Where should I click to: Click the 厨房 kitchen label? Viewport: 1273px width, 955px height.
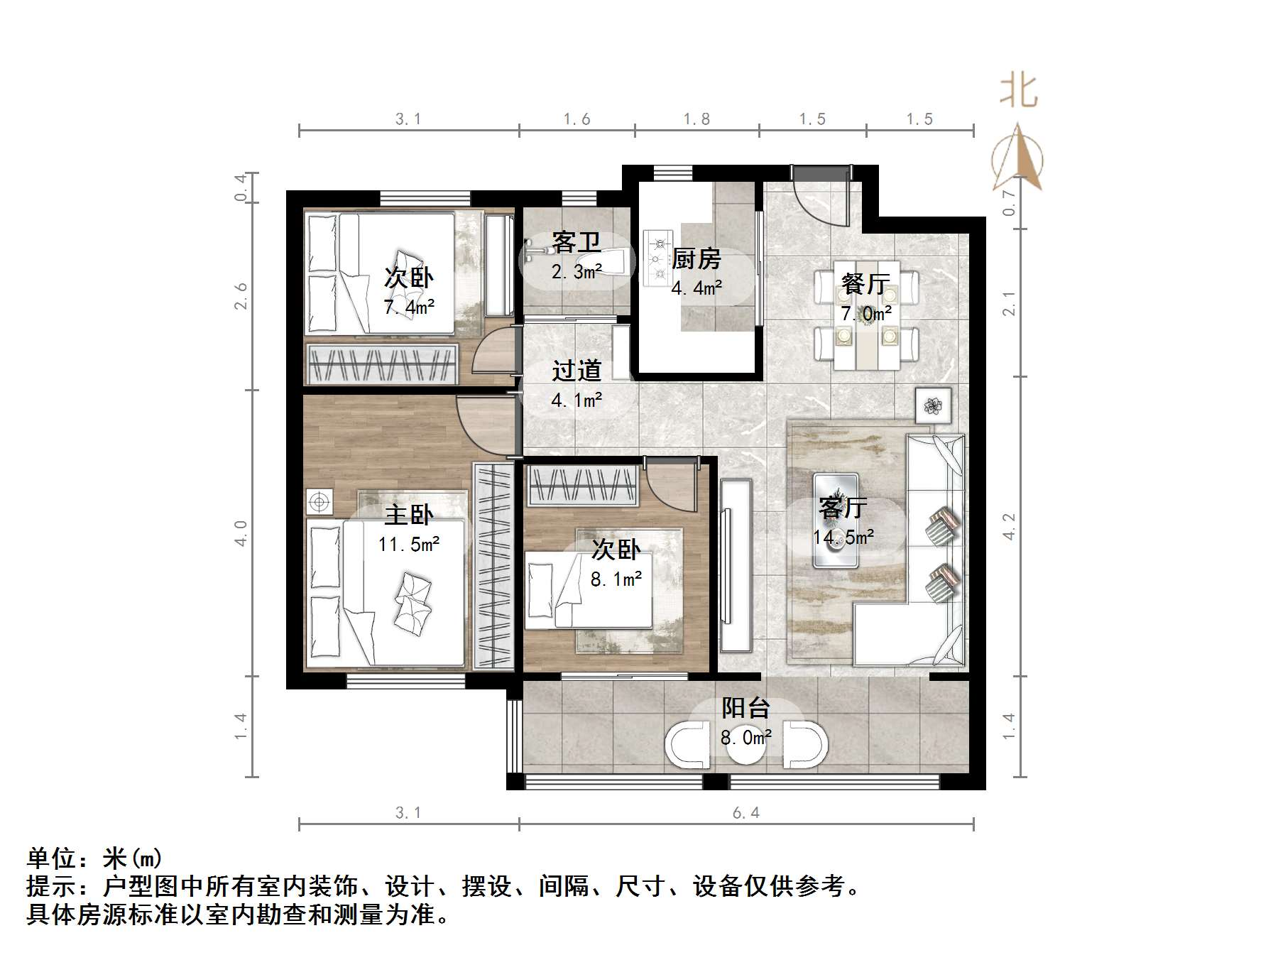click(x=696, y=259)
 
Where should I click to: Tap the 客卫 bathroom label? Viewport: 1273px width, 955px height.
click(x=576, y=243)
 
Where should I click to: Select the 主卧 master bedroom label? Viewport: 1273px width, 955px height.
click(x=408, y=515)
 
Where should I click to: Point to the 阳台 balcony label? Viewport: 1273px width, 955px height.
click(x=745, y=708)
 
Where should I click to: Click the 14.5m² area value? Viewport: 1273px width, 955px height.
click(x=843, y=537)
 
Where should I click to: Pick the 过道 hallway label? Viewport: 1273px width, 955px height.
click(x=576, y=371)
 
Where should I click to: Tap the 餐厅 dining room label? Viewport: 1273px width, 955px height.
click(x=865, y=284)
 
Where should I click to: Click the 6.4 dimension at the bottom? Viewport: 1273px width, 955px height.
click(x=745, y=813)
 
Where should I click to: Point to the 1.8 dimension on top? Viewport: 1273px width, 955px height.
click(x=696, y=119)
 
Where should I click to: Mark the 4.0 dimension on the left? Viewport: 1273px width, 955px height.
click(x=241, y=533)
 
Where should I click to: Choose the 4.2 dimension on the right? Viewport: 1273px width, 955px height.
click(x=1009, y=526)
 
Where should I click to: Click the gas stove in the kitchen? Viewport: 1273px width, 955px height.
click(x=657, y=258)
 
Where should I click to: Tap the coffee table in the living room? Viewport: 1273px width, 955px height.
click(x=836, y=520)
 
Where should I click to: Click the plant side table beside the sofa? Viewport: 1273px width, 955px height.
click(x=933, y=406)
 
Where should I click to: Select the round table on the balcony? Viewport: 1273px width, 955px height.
click(x=746, y=746)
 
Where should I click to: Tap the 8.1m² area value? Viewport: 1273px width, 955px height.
click(x=616, y=579)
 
